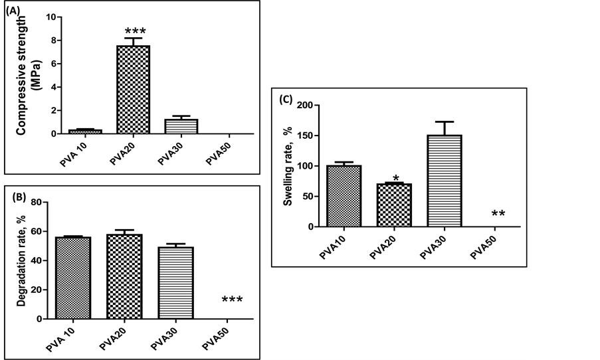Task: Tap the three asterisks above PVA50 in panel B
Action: pyautogui.click(x=231, y=300)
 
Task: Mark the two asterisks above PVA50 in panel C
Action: pyautogui.click(x=499, y=214)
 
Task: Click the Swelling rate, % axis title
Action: pyautogui.click(x=288, y=166)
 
